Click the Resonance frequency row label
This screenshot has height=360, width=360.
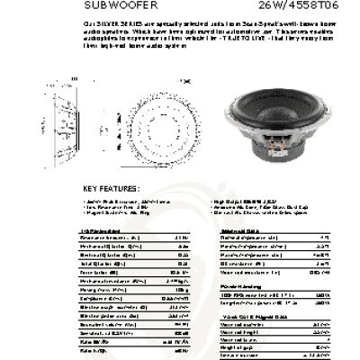(x=108, y=238)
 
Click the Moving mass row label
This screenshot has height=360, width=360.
(x=99, y=290)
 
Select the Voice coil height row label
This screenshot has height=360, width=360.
(x=238, y=332)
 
